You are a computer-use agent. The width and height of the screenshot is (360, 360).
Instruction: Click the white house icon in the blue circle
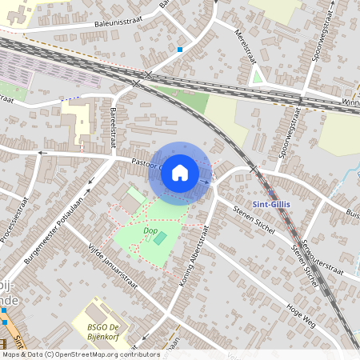[x=180, y=172]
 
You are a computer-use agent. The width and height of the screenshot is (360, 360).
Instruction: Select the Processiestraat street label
[x=14, y=218]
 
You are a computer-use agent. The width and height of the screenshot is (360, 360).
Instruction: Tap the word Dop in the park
[x=150, y=230]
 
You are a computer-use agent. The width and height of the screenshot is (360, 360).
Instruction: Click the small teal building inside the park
[x=161, y=238]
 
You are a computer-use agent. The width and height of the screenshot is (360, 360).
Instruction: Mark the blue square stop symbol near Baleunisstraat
[x=181, y=50]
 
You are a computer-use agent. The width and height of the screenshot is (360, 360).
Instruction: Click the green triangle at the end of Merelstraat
[x=257, y=77]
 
